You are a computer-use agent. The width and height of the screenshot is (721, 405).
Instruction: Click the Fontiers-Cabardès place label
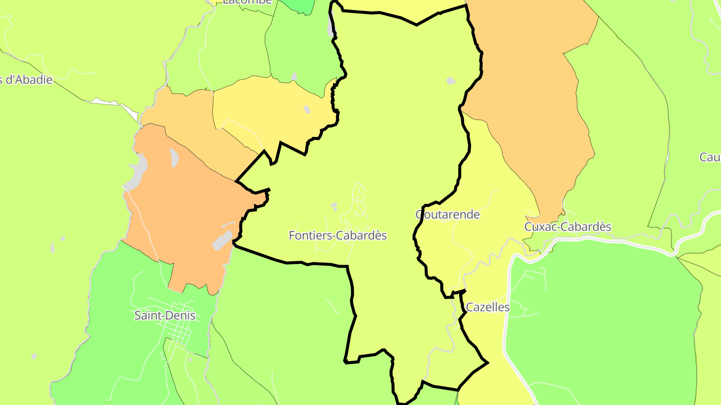click(338, 235)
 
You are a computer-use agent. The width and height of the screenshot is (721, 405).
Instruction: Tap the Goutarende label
click(448, 214)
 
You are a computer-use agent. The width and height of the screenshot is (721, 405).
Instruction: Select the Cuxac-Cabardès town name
click(568, 226)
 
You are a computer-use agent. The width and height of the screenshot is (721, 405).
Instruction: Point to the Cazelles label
click(488, 307)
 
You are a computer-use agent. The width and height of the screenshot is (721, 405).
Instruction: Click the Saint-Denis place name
click(165, 315)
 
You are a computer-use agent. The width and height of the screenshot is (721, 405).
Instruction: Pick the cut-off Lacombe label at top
click(247, 2)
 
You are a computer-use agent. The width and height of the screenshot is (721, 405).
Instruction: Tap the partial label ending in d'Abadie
click(26, 79)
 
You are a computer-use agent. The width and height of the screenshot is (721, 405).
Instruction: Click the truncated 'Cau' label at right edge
click(709, 157)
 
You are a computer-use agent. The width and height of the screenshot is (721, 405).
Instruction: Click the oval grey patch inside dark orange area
click(174, 157)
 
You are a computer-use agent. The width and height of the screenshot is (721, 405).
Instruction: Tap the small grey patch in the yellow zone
click(307, 109)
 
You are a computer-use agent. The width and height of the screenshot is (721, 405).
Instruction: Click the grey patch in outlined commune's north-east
click(451, 80)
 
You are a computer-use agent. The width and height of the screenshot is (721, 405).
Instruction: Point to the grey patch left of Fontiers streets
click(334, 205)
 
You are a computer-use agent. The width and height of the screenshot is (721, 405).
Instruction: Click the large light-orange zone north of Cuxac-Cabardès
click(531, 100)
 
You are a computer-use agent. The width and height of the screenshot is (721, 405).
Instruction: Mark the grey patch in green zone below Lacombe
click(294, 77)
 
